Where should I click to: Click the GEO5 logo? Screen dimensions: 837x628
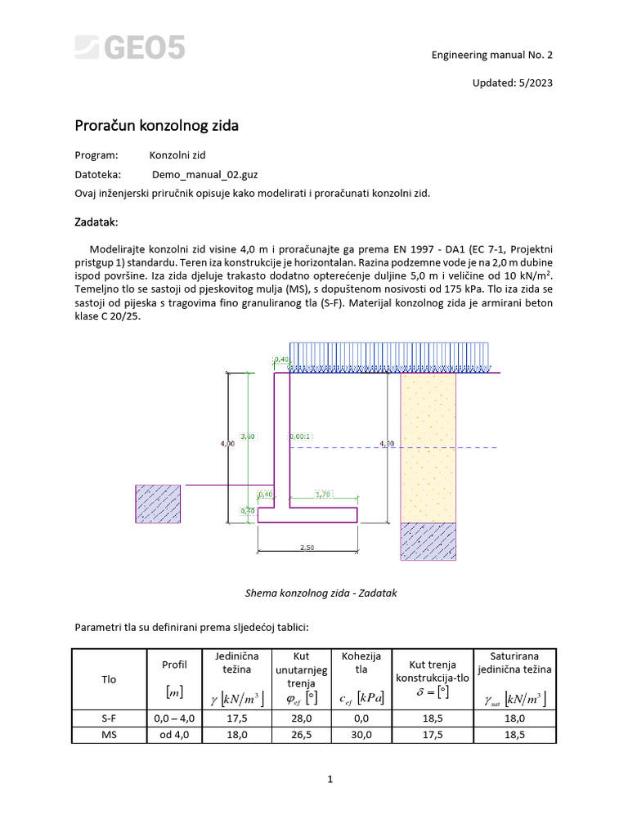[131, 47]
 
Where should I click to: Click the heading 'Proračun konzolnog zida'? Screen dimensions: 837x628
[157, 126]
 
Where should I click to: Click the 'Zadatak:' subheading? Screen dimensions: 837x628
[96, 222]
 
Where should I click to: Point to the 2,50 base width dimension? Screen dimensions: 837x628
[307, 548]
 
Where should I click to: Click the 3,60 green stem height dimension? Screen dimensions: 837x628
[248, 436]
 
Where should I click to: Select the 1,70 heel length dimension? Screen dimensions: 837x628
[323, 495]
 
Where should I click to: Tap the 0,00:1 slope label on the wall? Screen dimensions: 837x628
[300, 436]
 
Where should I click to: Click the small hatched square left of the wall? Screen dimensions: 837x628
[160, 504]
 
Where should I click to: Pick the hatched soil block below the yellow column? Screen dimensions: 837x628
[427, 540]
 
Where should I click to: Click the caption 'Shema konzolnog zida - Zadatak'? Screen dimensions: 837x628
[321, 593]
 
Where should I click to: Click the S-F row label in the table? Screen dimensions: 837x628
[109, 718]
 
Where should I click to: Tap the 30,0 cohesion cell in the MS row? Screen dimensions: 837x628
[361, 735]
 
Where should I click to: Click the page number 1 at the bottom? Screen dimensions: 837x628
[330, 779]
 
